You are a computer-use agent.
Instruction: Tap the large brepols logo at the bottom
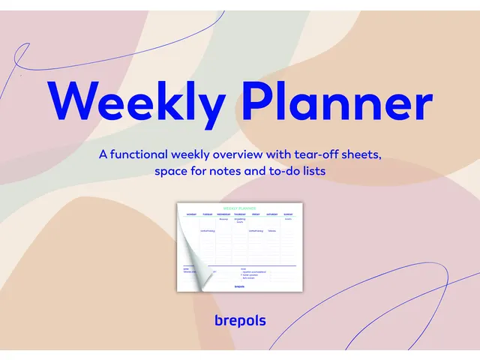point(240,320)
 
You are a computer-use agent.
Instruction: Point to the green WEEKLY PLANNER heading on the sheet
point(239,208)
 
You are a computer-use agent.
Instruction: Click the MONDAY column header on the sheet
point(191,214)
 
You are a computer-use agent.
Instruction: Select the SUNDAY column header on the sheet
point(288,214)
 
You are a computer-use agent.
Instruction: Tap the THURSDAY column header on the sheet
point(240,214)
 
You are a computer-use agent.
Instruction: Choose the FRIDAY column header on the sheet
point(256,214)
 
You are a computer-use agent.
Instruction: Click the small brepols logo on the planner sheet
point(239,285)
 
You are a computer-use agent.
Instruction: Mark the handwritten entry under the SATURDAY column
point(271,231)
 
